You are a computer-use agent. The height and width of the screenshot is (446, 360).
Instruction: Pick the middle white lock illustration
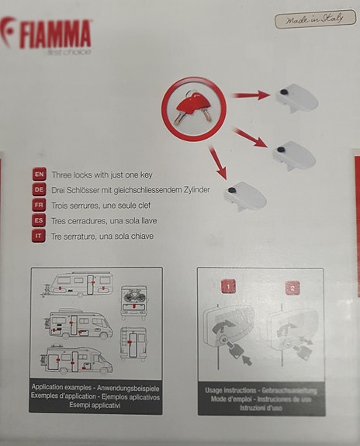click(x=294, y=154)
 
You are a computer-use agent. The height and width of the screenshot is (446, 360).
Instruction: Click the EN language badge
click(x=39, y=175)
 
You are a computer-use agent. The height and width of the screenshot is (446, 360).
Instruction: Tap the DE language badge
click(x=39, y=190)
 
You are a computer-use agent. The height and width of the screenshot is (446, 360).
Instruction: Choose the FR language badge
click(x=39, y=206)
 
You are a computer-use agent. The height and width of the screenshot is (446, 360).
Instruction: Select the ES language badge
click(x=39, y=220)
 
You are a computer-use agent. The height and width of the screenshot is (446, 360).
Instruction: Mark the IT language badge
click(x=39, y=236)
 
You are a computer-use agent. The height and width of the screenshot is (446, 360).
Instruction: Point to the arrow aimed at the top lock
click(x=251, y=95)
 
